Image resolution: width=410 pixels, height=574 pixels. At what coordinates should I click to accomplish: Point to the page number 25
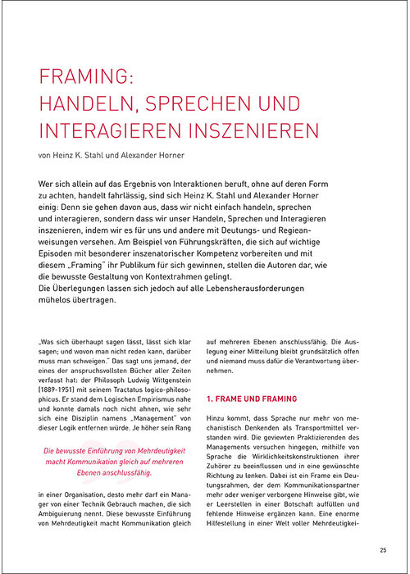point(383,550)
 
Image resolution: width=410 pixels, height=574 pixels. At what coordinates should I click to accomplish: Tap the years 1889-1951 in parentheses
point(61,382)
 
